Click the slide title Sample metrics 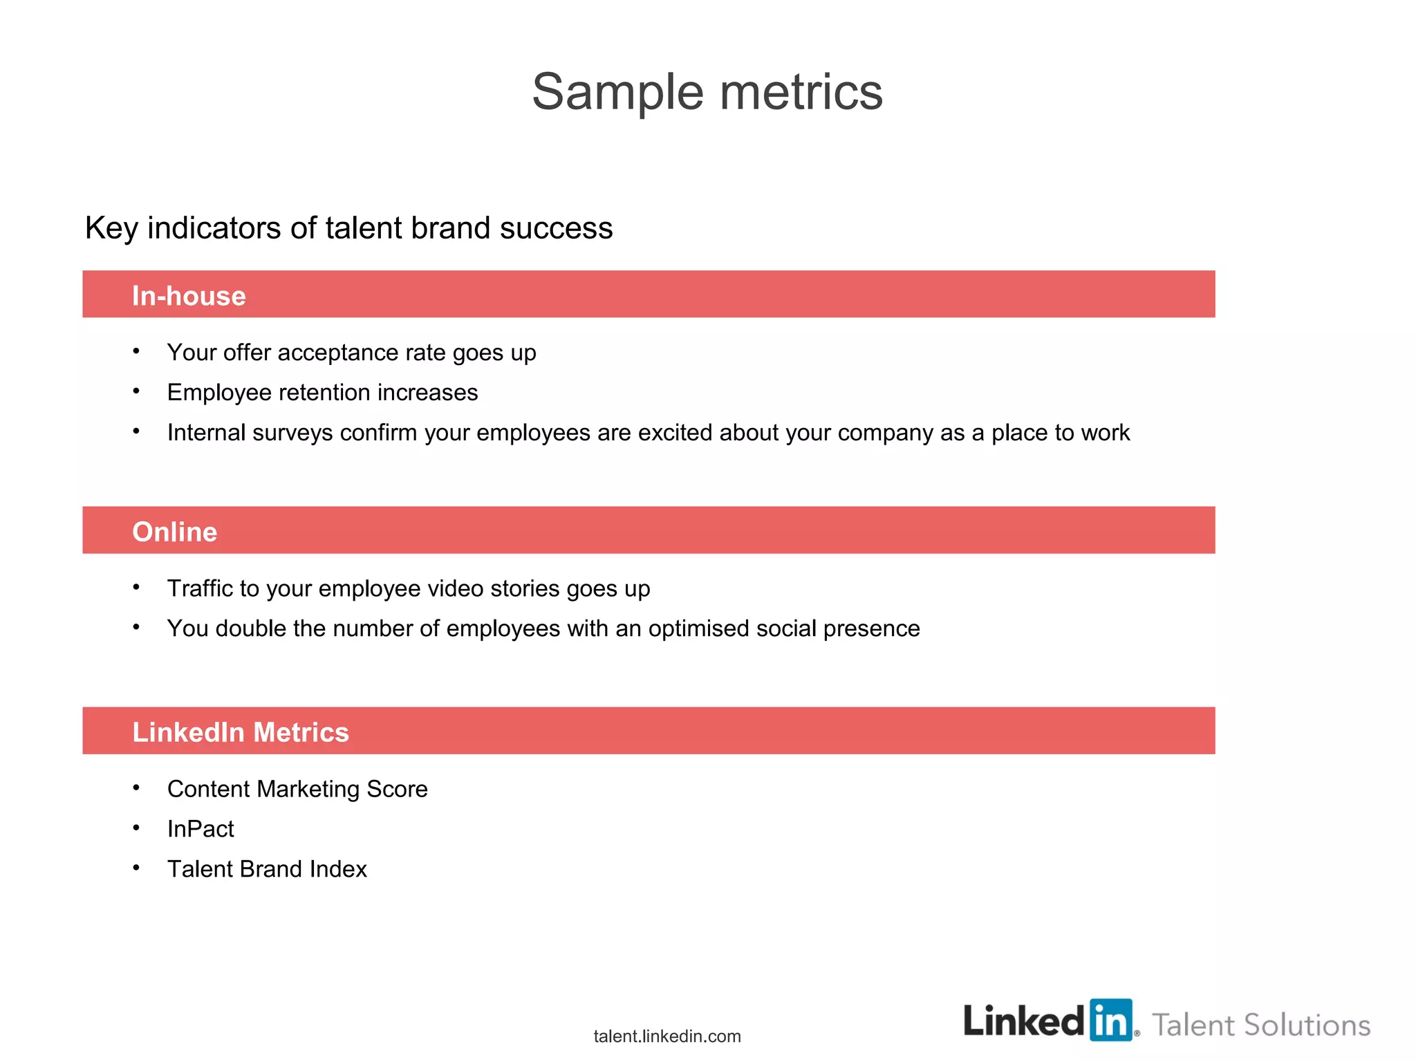707,92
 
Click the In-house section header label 189,296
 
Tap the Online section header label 175,532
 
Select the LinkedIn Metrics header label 241,732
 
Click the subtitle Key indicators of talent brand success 348,228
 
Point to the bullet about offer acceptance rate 351,353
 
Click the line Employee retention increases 322,393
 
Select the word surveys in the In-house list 292,433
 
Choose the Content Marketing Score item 297,789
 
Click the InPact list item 201,829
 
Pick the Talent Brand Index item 267,869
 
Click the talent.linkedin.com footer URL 667,1036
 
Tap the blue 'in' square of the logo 1111,1020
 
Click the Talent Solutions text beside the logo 1261,1025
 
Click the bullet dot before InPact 137,827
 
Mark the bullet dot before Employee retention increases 137,391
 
